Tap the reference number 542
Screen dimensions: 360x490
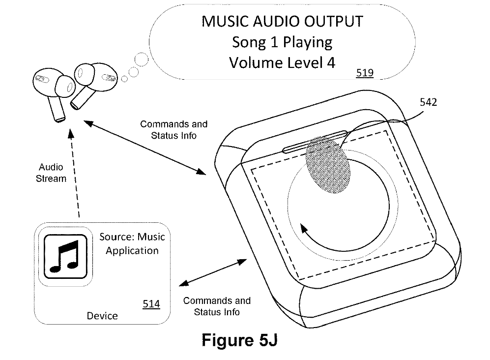tap(429, 103)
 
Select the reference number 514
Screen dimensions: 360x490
tap(151, 304)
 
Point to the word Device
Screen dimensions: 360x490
tap(102, 316)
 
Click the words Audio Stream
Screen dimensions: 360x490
tap(51, 173)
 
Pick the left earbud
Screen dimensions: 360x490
tap(52, 90)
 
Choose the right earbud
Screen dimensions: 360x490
tap(92, 81)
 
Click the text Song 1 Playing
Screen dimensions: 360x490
tap(282, 42)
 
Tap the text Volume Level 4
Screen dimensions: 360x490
tap(282, 63)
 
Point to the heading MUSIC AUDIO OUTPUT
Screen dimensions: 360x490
tap(282, 22)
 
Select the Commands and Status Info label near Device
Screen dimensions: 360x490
tap(217, 306)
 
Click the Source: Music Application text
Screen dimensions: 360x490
tap(132, 243)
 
